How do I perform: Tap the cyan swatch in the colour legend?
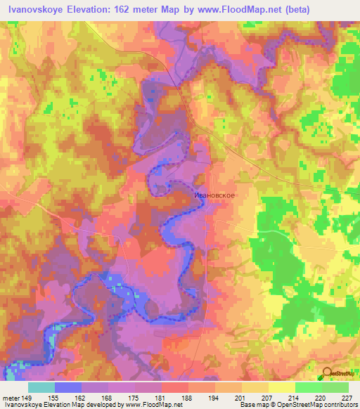(41, 387)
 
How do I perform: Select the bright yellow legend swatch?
(281, 387)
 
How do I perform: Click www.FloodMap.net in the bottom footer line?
(149, 405)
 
